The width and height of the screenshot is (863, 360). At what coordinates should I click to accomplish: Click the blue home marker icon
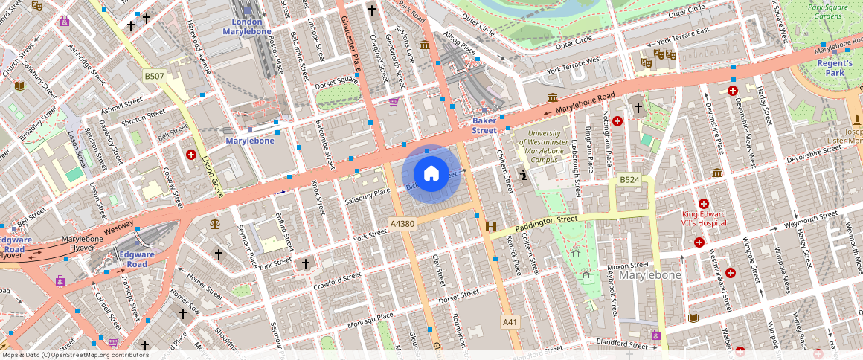[431, 174]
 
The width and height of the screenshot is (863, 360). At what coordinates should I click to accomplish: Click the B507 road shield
[154, 76]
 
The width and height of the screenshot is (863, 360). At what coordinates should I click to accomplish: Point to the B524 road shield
[629, 180]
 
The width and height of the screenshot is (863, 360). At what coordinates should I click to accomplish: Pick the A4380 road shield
[402, 223]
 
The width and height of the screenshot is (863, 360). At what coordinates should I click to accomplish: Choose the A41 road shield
[509, 321]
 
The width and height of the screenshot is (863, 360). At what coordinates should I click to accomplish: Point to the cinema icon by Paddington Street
[490, 226]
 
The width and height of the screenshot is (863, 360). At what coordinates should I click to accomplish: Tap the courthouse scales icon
[216, 222]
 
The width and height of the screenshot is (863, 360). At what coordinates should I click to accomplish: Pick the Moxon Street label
[628, 265]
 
